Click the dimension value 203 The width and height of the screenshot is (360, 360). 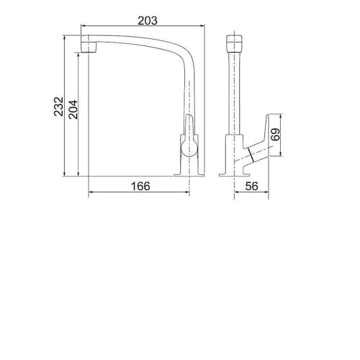click(x=148, y=20)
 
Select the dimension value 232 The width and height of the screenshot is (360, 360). click(x=58, y=107)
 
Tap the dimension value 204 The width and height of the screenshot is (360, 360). click(x=73, y=109)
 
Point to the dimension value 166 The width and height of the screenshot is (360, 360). click(x=140, y=186)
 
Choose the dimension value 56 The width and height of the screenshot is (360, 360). click(x=252, y=186)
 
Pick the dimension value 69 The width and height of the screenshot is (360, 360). click(x=275, y=135)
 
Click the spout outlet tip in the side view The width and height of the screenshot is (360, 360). click(x=89, y=48)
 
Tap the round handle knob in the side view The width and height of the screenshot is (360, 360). click(x=189, y=148)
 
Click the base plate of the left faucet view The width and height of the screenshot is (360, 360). click(x=189, y=175)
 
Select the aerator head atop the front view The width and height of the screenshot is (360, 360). click(x=234, y=43)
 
